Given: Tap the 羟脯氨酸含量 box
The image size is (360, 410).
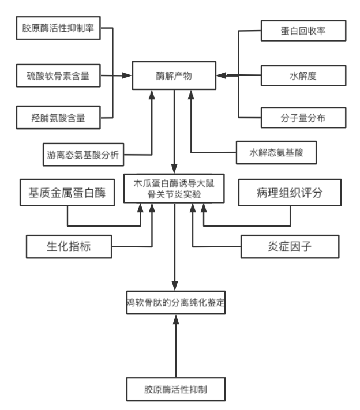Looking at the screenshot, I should (x=58, y=118).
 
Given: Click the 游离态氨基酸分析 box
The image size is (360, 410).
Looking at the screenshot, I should (x=81, y=154).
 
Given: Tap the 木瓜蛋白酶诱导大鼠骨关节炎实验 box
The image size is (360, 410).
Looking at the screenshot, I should (x=174, y=190).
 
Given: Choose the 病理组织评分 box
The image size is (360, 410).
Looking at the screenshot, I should (x=289, y=193).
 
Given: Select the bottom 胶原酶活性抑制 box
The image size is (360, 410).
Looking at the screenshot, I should (x=175, y=389).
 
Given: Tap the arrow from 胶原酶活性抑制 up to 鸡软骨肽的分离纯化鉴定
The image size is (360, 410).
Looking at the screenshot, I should (x=175, y=346).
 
